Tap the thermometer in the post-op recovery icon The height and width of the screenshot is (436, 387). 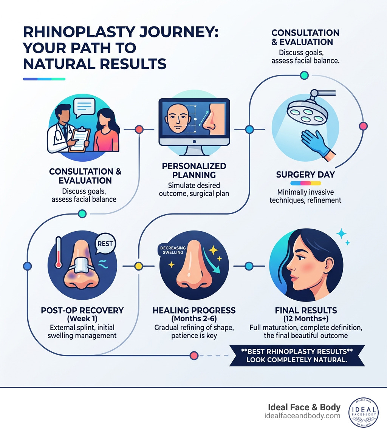[x=58, y=253]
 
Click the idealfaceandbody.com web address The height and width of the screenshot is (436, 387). [x=302, y=416]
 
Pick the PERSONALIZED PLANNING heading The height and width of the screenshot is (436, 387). [x=194, y=170]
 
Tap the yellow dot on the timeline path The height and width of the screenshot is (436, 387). [x=139, y=266]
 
